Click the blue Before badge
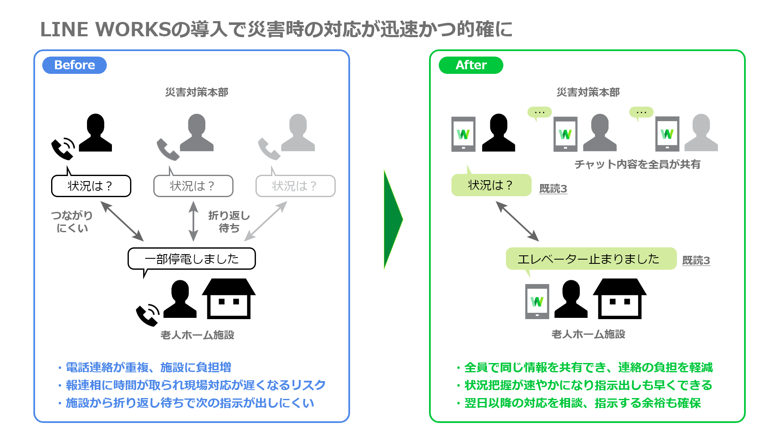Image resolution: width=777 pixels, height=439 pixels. (x=74, y=65)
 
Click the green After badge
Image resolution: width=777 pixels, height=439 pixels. (x=471, y=65)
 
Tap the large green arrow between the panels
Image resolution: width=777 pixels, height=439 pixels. (x=392, y=219)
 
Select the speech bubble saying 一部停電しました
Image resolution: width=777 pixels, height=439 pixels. (x=192, y=258)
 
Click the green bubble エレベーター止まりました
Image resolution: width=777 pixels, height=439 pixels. (x=591, y=258)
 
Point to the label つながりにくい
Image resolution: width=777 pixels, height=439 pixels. (x=72, y=222)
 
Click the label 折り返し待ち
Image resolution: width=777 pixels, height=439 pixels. (x=229, y=222)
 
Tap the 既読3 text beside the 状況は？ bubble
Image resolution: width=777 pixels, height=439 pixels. (x=553, y=188)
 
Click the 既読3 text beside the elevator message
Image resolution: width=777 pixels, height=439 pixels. (x=696, y=260)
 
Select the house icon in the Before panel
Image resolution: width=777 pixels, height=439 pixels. (x=229, y=298)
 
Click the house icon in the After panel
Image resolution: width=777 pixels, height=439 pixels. (x=619, y=298)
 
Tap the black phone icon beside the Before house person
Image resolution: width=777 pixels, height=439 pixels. (x=147, y=315)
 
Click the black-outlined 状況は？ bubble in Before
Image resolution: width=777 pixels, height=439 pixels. (x=91, y=186)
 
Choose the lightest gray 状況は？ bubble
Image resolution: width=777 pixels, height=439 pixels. (x=295, y=186)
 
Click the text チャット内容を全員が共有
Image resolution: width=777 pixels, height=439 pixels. (x=637, y=164)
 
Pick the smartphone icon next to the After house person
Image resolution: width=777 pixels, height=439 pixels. (x=537, y=301)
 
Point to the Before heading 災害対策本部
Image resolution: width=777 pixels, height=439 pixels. (x=196, y=92)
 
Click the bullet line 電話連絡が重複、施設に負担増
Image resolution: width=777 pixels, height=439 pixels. (x=148, y=367)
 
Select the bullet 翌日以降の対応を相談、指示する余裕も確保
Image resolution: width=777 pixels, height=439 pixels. (x=582, y=403)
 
